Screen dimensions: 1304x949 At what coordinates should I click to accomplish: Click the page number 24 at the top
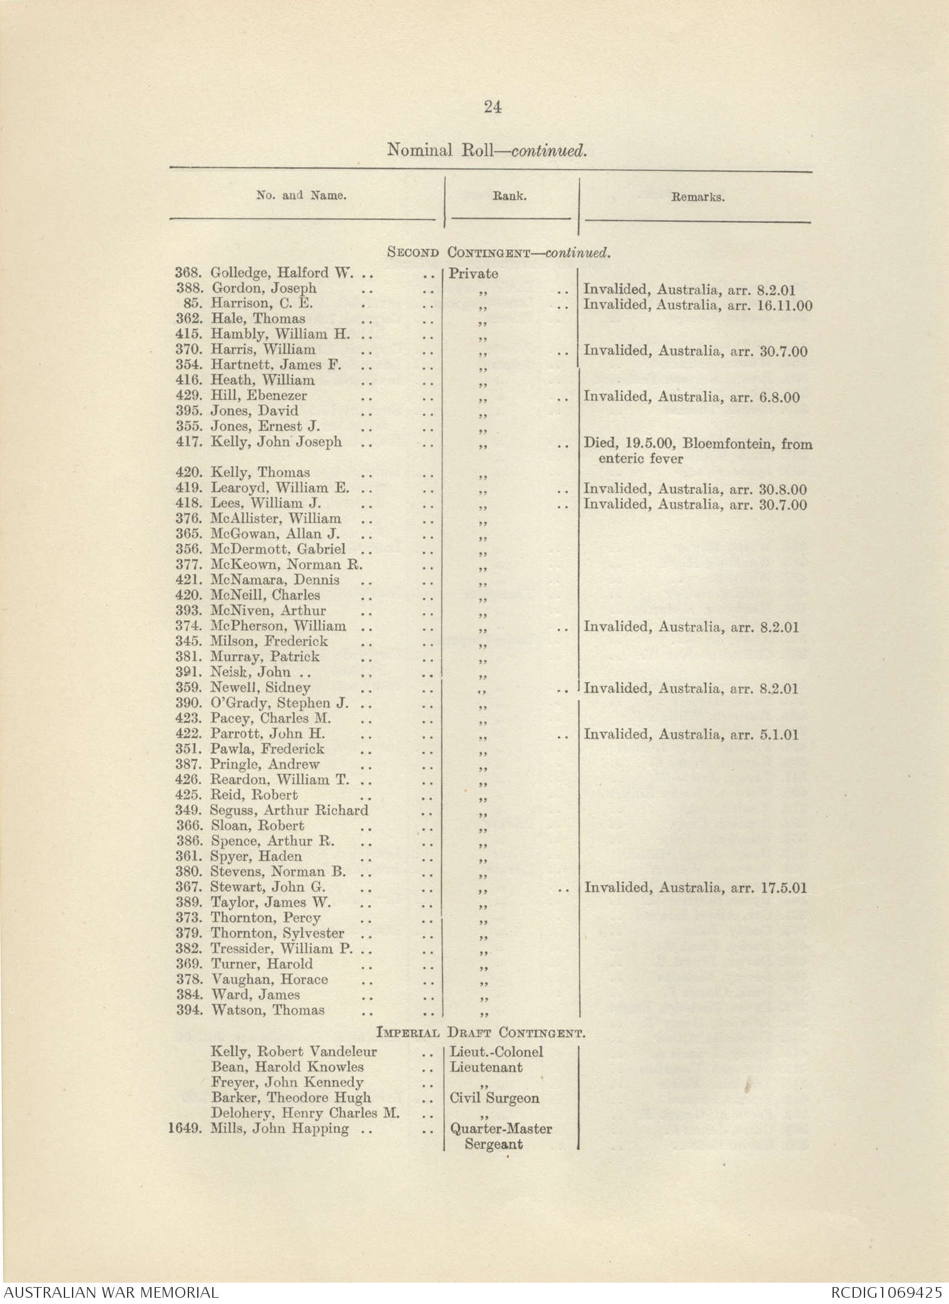click(x=492, y=107)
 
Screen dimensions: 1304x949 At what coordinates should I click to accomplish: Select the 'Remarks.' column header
click(x=697, y=197)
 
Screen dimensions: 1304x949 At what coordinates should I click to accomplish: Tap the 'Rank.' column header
click(x=510, y=196)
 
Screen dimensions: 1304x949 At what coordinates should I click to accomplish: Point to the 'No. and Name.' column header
click(x=301, y=195)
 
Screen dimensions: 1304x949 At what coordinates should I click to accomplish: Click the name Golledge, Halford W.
click(x=282, y=273)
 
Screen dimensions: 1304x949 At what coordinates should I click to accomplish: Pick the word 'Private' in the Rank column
click(x=473, y=274)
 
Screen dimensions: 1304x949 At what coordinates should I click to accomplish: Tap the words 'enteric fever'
click(x=640, y=458)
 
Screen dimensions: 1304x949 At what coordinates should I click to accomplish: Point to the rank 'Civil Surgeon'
click(x=494, y=1098)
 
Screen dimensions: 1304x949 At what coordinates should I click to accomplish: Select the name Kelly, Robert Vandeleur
click(x=294, y=1052)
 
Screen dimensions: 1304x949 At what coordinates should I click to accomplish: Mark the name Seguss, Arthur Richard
click(x=289, y=810)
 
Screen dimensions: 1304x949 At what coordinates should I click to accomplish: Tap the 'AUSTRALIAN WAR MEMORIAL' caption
click(x=110, y=1291)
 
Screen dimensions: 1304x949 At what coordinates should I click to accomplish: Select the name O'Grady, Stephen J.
click(x=280, y=703)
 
